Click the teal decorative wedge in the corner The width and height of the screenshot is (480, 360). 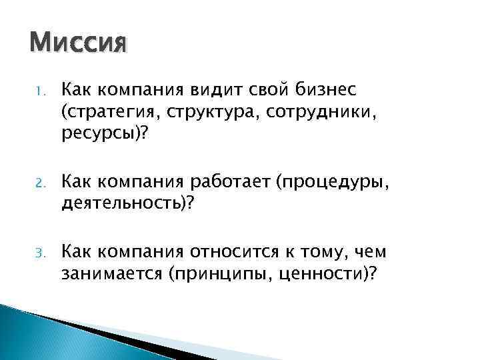coord(40,333)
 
